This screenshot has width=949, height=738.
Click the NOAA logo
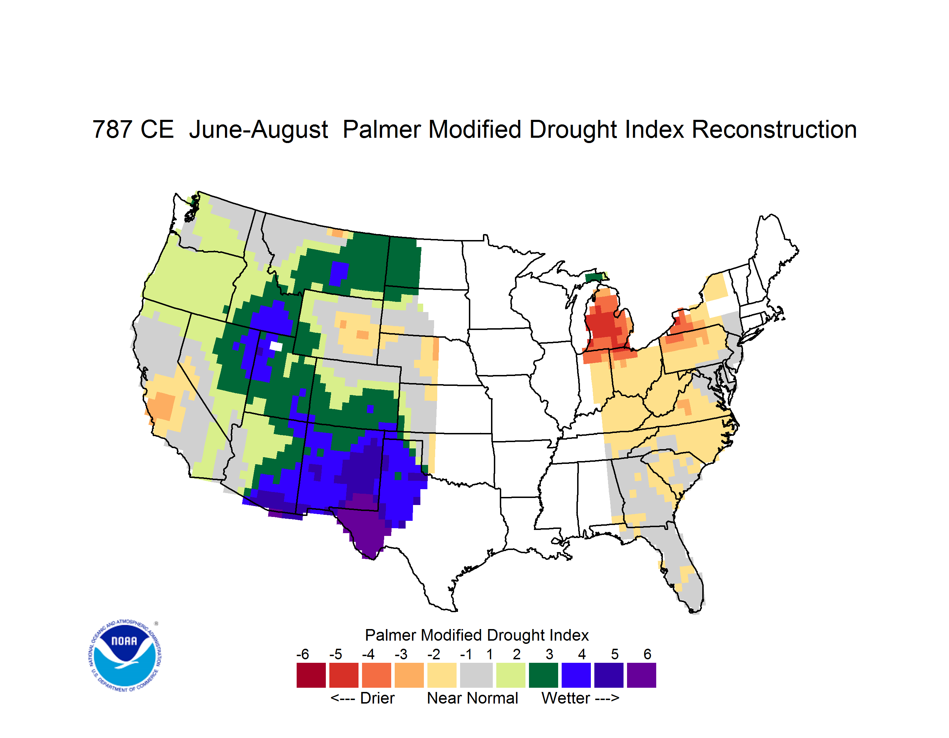125,656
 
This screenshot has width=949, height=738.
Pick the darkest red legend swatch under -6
311,675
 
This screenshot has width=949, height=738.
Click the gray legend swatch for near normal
476,675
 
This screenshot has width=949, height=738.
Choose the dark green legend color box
543,675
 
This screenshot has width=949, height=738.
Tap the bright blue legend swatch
576,675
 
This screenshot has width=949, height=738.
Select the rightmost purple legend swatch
641,675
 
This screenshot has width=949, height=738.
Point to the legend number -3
401,654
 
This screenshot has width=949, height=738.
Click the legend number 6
647,654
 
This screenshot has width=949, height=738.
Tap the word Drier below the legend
377,698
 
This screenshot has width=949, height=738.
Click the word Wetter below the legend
566,698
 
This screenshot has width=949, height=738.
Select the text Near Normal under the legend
473,698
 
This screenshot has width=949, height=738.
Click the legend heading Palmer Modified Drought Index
477,635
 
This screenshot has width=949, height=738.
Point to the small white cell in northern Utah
276,346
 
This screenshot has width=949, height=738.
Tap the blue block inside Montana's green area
338,273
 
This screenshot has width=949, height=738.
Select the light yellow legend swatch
442,675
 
